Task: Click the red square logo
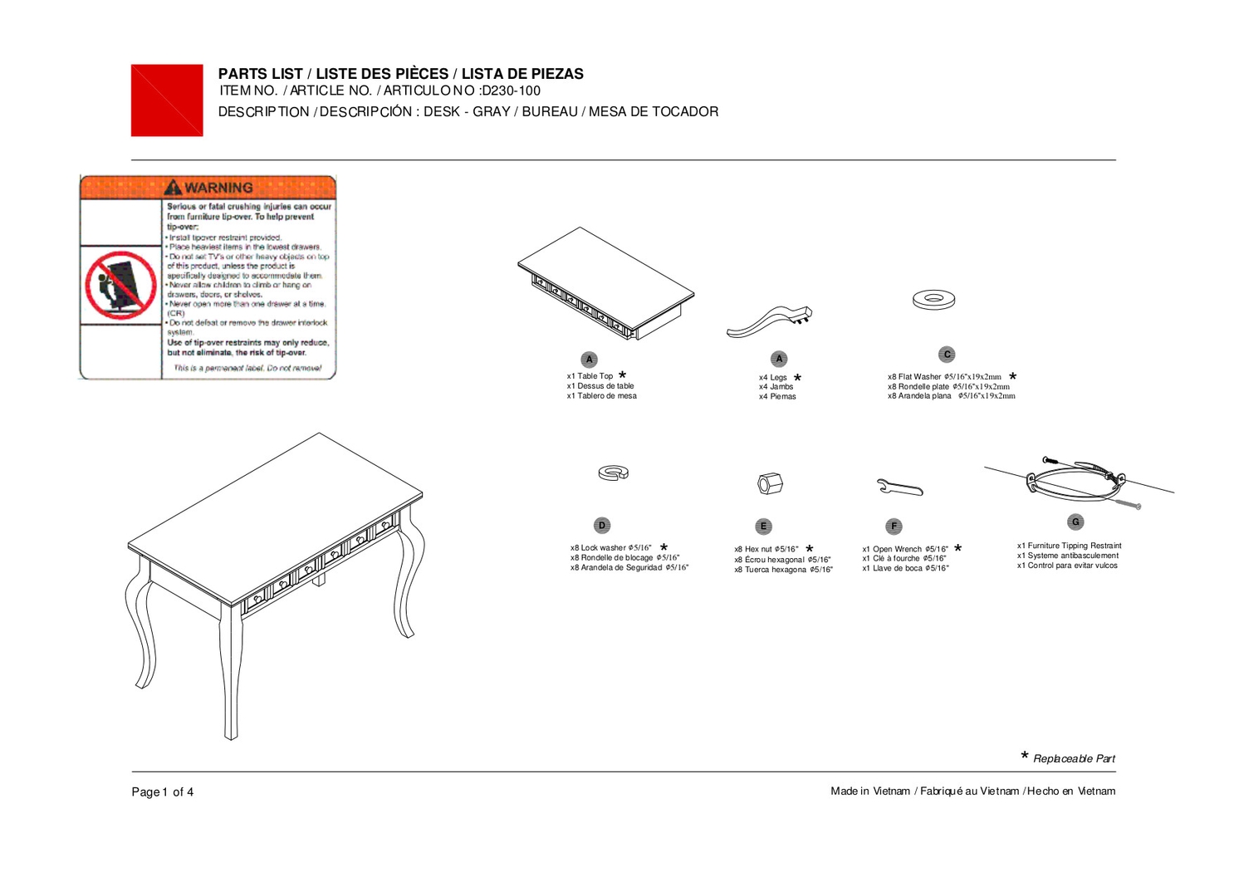[x=167, y=100]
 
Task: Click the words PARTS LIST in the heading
[x=260, y=74]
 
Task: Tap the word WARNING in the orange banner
[x=218, y=188]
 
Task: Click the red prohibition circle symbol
[x=121, y=285]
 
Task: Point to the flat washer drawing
[x=933, y=299]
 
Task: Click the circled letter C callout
[x=947, y=355]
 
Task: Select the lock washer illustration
[x=613, y=473]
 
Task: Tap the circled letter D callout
[x=602, y=526]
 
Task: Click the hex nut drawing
[x=770, y=483]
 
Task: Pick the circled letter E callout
[x=763, y=527]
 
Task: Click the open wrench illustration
[x=899, y=487]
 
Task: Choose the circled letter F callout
[x=894, y=527]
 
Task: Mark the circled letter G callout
[x=1075, y=522]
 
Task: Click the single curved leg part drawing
[x=769, y=321]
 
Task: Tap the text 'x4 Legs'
[x=772, y=377]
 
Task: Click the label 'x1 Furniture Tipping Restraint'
[x=1069, y=546]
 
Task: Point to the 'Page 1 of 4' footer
[x=163, y=792]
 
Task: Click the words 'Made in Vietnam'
[x=870, y=791]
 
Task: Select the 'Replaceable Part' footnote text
[x=1074, y=759]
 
